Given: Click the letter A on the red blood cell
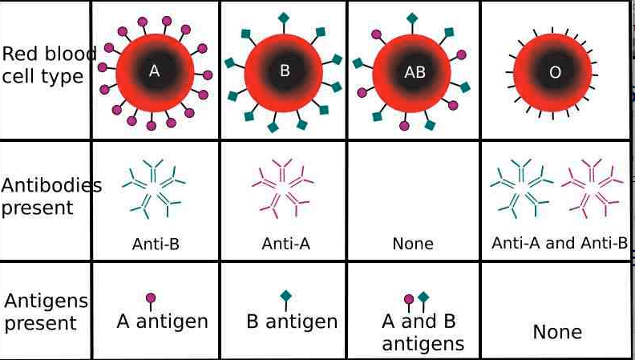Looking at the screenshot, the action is point(155,71).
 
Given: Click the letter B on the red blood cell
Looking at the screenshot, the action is point(284,71).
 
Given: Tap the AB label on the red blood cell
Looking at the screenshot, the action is point(415,71).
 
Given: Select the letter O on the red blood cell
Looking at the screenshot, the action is point(555,72).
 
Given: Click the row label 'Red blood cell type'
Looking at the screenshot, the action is point(45,66).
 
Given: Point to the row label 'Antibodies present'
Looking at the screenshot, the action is point(48,196).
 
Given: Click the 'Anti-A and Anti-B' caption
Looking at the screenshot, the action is point(559,243).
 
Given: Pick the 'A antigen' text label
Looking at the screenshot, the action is point(162,322).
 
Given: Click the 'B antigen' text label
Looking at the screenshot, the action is point(292,322).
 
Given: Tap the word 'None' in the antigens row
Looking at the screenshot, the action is point(557,332).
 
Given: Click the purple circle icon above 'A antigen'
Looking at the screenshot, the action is point(151,299).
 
